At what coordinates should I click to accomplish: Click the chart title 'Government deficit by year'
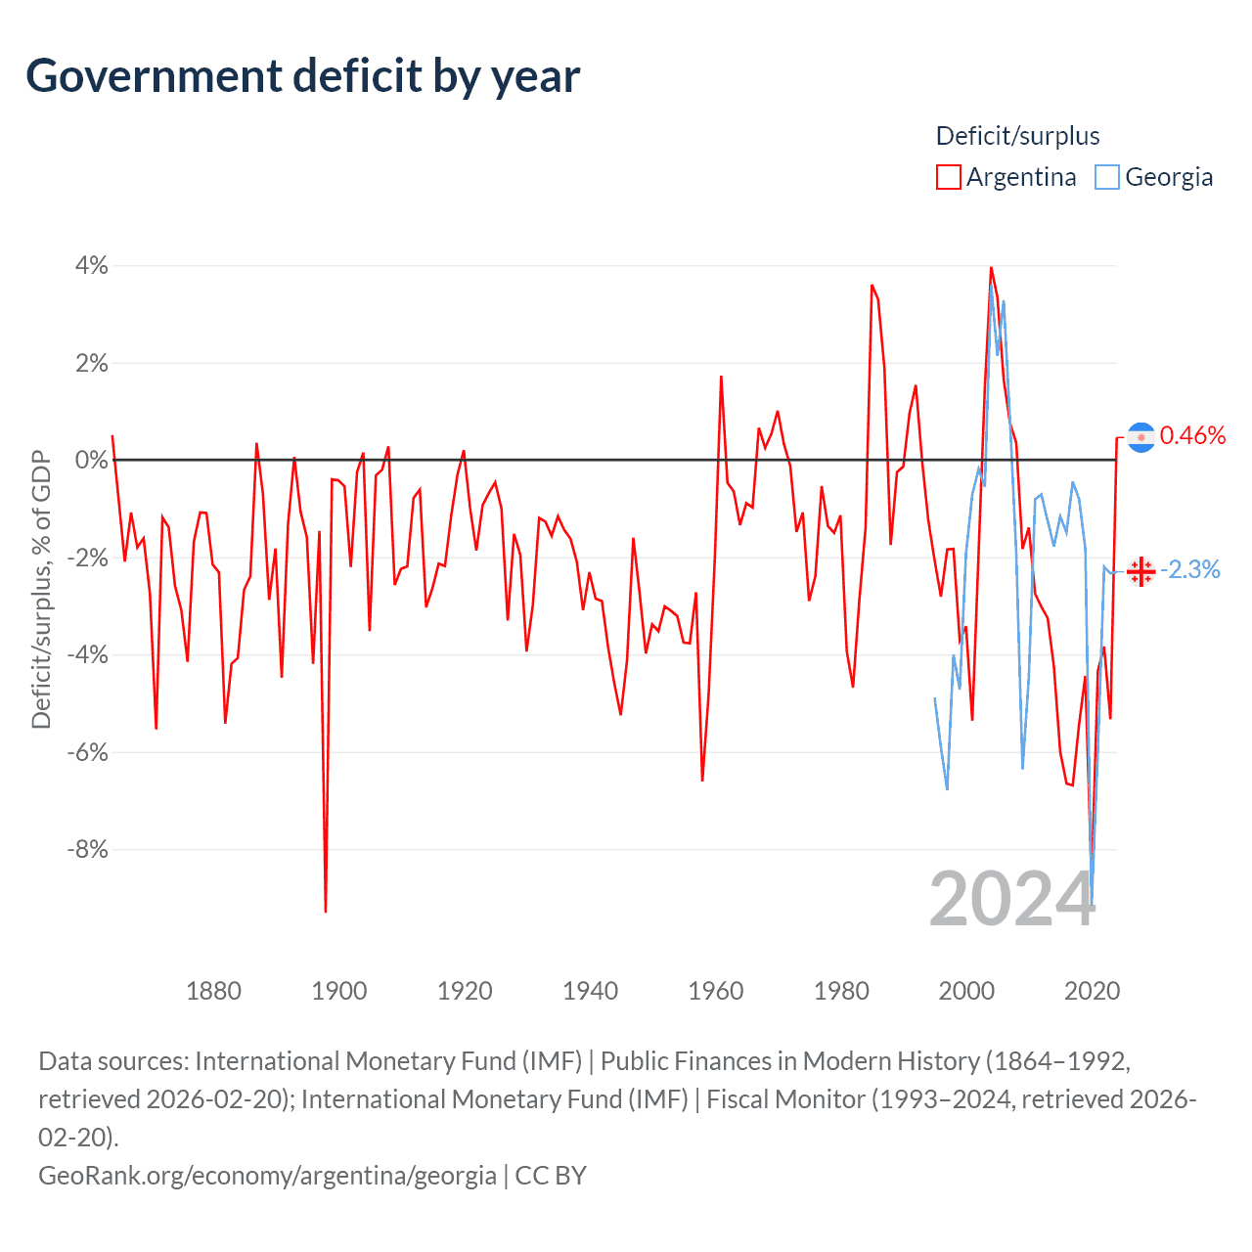303,76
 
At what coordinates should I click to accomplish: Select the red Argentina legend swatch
948,177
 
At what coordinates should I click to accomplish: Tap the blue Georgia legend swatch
1106,177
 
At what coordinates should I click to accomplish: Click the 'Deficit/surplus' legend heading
1017,136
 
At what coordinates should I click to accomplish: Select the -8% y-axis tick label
87,849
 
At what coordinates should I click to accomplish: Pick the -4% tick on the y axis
87,654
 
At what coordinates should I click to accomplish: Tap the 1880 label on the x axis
213,991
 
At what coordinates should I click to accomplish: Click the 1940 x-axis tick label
590,991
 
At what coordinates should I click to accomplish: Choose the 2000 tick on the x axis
966,991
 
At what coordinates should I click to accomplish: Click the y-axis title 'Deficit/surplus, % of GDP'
41,589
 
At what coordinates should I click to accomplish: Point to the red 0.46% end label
1192,436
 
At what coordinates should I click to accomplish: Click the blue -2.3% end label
1189,570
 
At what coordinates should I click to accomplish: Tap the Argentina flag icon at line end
1141,437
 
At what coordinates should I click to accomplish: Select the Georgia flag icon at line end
1140,571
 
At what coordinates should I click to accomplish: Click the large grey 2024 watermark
1011,899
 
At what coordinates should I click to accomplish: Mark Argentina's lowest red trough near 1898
326,911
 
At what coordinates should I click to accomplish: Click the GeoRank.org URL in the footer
267,1175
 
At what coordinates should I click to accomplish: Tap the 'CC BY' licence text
551,1175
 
